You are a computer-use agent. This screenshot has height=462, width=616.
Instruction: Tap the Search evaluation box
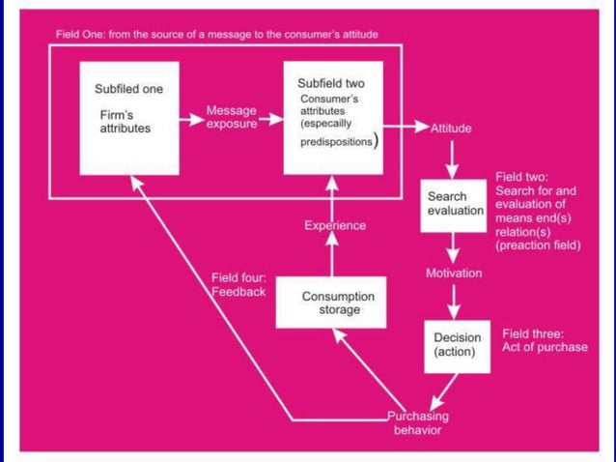[x=453, y=204]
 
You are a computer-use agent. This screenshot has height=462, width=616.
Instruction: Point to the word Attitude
[x=451, y=129]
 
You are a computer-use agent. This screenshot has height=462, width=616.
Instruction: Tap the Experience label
[x=335, y=225]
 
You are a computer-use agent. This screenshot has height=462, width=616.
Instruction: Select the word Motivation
[x=454, y=274]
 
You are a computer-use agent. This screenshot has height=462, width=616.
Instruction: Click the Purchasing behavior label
[x=417, y=423]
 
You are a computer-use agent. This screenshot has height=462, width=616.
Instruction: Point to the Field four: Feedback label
[x=238, y=285]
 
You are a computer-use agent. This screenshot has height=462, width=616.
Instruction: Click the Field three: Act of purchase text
[x=545, y=340]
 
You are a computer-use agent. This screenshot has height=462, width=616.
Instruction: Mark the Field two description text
[x=538, y=212]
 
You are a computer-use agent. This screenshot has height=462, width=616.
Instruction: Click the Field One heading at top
[x=216, y=35]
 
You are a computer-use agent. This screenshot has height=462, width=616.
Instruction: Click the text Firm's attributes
[x=125, y=122]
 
